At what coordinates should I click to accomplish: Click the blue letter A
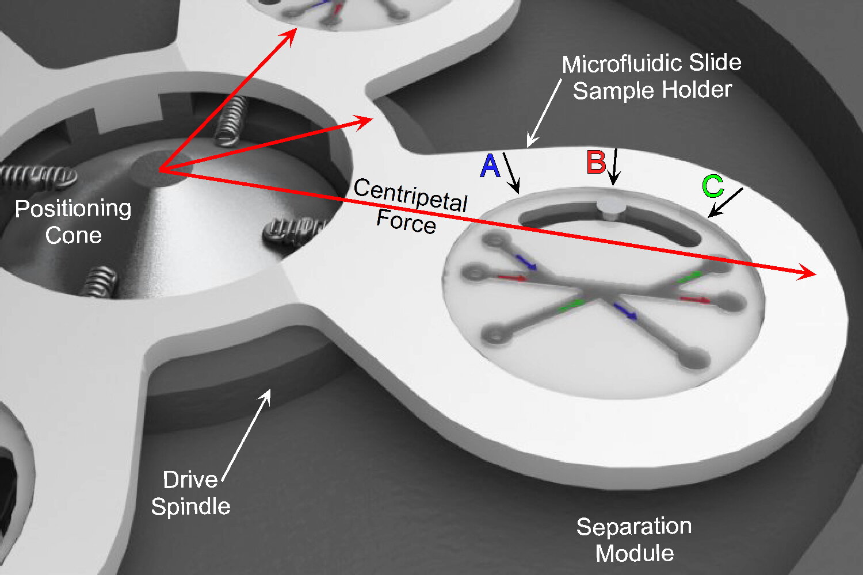(490, 166)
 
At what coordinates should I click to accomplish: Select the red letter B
(596, 162)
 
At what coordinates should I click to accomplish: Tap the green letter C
(712, 186)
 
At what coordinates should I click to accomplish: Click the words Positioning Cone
(74, 222)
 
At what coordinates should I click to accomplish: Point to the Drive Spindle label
(190, 493)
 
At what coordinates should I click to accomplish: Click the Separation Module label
(634, 539)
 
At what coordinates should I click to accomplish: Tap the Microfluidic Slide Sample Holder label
(652, 76)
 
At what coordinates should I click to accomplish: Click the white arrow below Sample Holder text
(544, 113)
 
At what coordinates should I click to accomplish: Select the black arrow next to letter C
(725, 202)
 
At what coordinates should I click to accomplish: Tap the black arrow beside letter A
(511, 173)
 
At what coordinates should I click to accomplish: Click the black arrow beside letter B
(614, 167)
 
